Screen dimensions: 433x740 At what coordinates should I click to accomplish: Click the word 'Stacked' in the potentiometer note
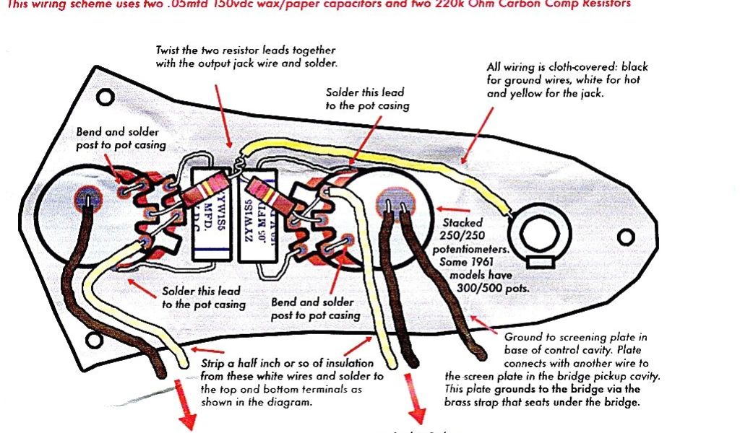click(462, 223)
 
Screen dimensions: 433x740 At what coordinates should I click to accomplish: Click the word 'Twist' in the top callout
click(169, 51)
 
